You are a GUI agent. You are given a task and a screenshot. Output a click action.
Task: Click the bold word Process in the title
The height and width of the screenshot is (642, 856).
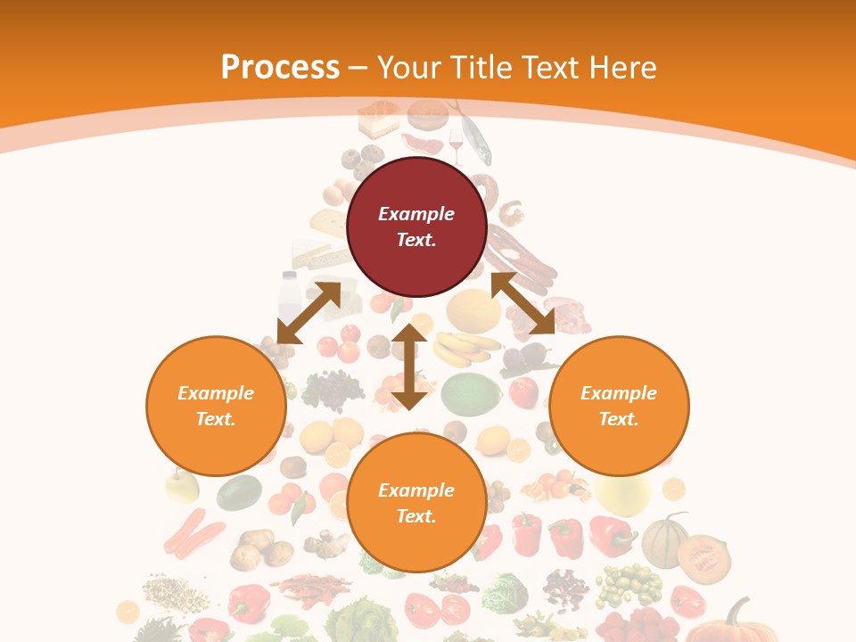click(280, 68)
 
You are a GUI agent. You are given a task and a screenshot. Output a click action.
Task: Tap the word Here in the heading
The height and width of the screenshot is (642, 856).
click(620, 68)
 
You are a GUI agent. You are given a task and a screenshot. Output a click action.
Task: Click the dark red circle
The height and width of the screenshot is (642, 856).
click(416, 226)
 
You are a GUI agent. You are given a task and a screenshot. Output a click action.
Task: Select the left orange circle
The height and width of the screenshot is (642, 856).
click(216, 406)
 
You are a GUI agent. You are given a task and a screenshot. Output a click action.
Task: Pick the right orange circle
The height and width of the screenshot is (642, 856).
click(619, 406)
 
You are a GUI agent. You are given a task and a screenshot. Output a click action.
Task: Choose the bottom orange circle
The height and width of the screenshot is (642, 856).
click(416, 503)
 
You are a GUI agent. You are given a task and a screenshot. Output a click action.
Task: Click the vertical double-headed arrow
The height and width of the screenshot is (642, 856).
click(409, 366)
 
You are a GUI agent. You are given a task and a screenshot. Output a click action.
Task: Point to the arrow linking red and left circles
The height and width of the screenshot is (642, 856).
click(309, 312)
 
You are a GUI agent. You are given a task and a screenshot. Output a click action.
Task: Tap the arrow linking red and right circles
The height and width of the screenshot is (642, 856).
click(523, 304)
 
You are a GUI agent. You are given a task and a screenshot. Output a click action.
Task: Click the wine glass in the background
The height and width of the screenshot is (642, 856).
click(457, 144)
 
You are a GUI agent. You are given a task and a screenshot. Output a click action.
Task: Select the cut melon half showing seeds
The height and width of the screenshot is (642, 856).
click(704, 557)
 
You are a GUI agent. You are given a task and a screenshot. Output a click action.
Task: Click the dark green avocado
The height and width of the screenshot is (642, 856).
click(239, 492)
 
